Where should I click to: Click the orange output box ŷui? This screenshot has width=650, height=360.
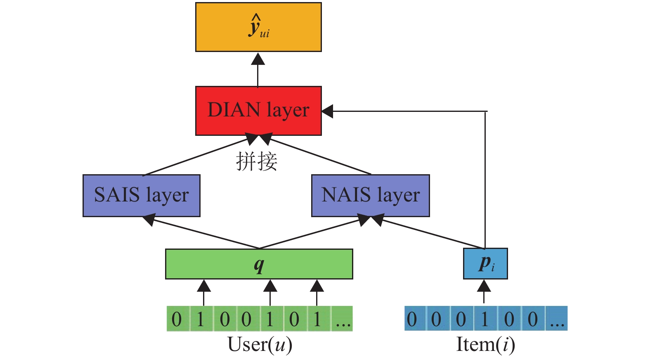[x=258, y=27]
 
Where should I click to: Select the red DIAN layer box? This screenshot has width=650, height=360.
[x=258, y=111]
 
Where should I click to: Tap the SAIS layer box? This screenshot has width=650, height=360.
[x=142, y=195]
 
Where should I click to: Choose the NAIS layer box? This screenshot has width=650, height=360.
[x=371, y=195]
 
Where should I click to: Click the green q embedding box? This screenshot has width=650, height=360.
[x=259, y=264]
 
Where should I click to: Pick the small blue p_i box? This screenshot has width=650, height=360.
[x=485, y=264]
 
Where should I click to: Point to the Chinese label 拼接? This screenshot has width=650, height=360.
[x=257, y=161]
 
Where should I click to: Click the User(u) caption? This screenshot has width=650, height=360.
[x=260, y=345]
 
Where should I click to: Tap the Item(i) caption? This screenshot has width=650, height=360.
[x=485, y=345]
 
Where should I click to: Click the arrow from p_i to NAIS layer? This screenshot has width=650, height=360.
[x=429, y=234]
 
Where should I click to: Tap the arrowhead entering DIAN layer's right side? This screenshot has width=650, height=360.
[x=328, y=111]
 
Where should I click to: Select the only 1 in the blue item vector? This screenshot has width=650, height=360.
[x=485, y=319]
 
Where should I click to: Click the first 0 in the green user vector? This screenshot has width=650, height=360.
[x=177, y=319]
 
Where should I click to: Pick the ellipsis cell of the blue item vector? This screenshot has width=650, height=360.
[x=557, y=319]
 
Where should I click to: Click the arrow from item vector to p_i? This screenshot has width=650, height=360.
[x=484, y=291]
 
